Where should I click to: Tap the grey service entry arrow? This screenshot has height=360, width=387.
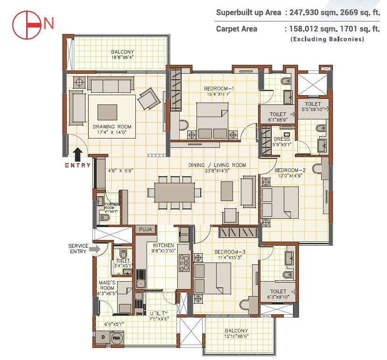pyautogui.click(x=96, y=249)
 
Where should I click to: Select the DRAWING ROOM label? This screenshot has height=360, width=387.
pyautogui.click(x=112, y=127)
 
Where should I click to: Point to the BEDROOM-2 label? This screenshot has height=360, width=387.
pyautogui.click(x=290, y=170)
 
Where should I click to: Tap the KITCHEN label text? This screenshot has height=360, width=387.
pyautogui.click(x=163, y=245)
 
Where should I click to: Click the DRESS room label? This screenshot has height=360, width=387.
pyautogui.click(x=281, y=139)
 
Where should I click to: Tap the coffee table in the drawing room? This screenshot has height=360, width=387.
pyautogui.click(x=107, y=112)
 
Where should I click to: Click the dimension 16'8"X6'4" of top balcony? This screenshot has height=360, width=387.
pyautogui.click(x=123, y=58)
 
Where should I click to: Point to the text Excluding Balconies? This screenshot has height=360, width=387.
pyautogui.click(x=327, y=40)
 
